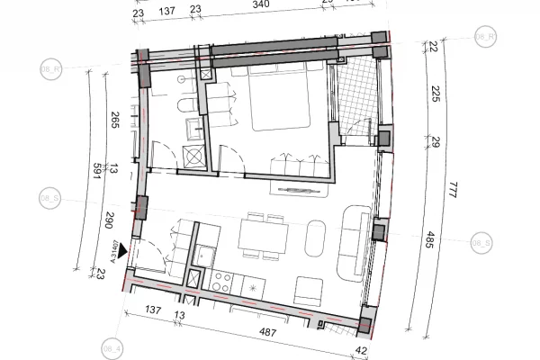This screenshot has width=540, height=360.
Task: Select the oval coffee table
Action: [318, 238]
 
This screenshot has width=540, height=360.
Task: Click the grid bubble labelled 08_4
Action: [113, 346]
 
